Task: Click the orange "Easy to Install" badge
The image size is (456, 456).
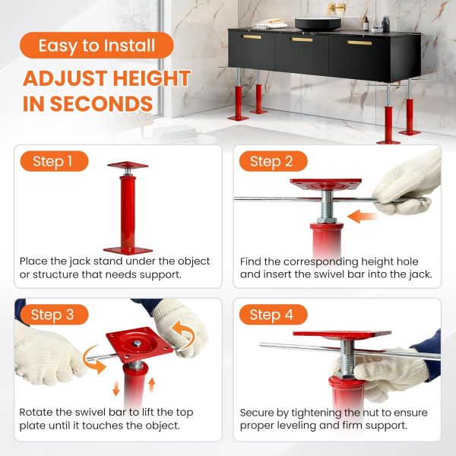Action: pyautogui.click(x=97, y=45)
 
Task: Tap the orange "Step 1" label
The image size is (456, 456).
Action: pyautogui.click(x=53, y=161)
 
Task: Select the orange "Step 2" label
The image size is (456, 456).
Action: pyautogui.click(x=271, y=161)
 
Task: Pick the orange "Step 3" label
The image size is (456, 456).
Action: pyautogui.click(x=53, y=314)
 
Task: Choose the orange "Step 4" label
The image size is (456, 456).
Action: pyautogui.click(x=271, y=314)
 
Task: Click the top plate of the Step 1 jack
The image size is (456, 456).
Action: pyautogui.click(x=127, y=165)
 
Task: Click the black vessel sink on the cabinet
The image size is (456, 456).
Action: pyautogui.click(x=318, y=24)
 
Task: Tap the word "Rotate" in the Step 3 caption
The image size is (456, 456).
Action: pyautogui.click(x=39, y=413)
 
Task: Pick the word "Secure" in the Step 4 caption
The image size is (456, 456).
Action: pyautogui.click(x=259, y=413)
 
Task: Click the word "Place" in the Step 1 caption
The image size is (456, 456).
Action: pyautogui.click(x=35, y=261)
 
